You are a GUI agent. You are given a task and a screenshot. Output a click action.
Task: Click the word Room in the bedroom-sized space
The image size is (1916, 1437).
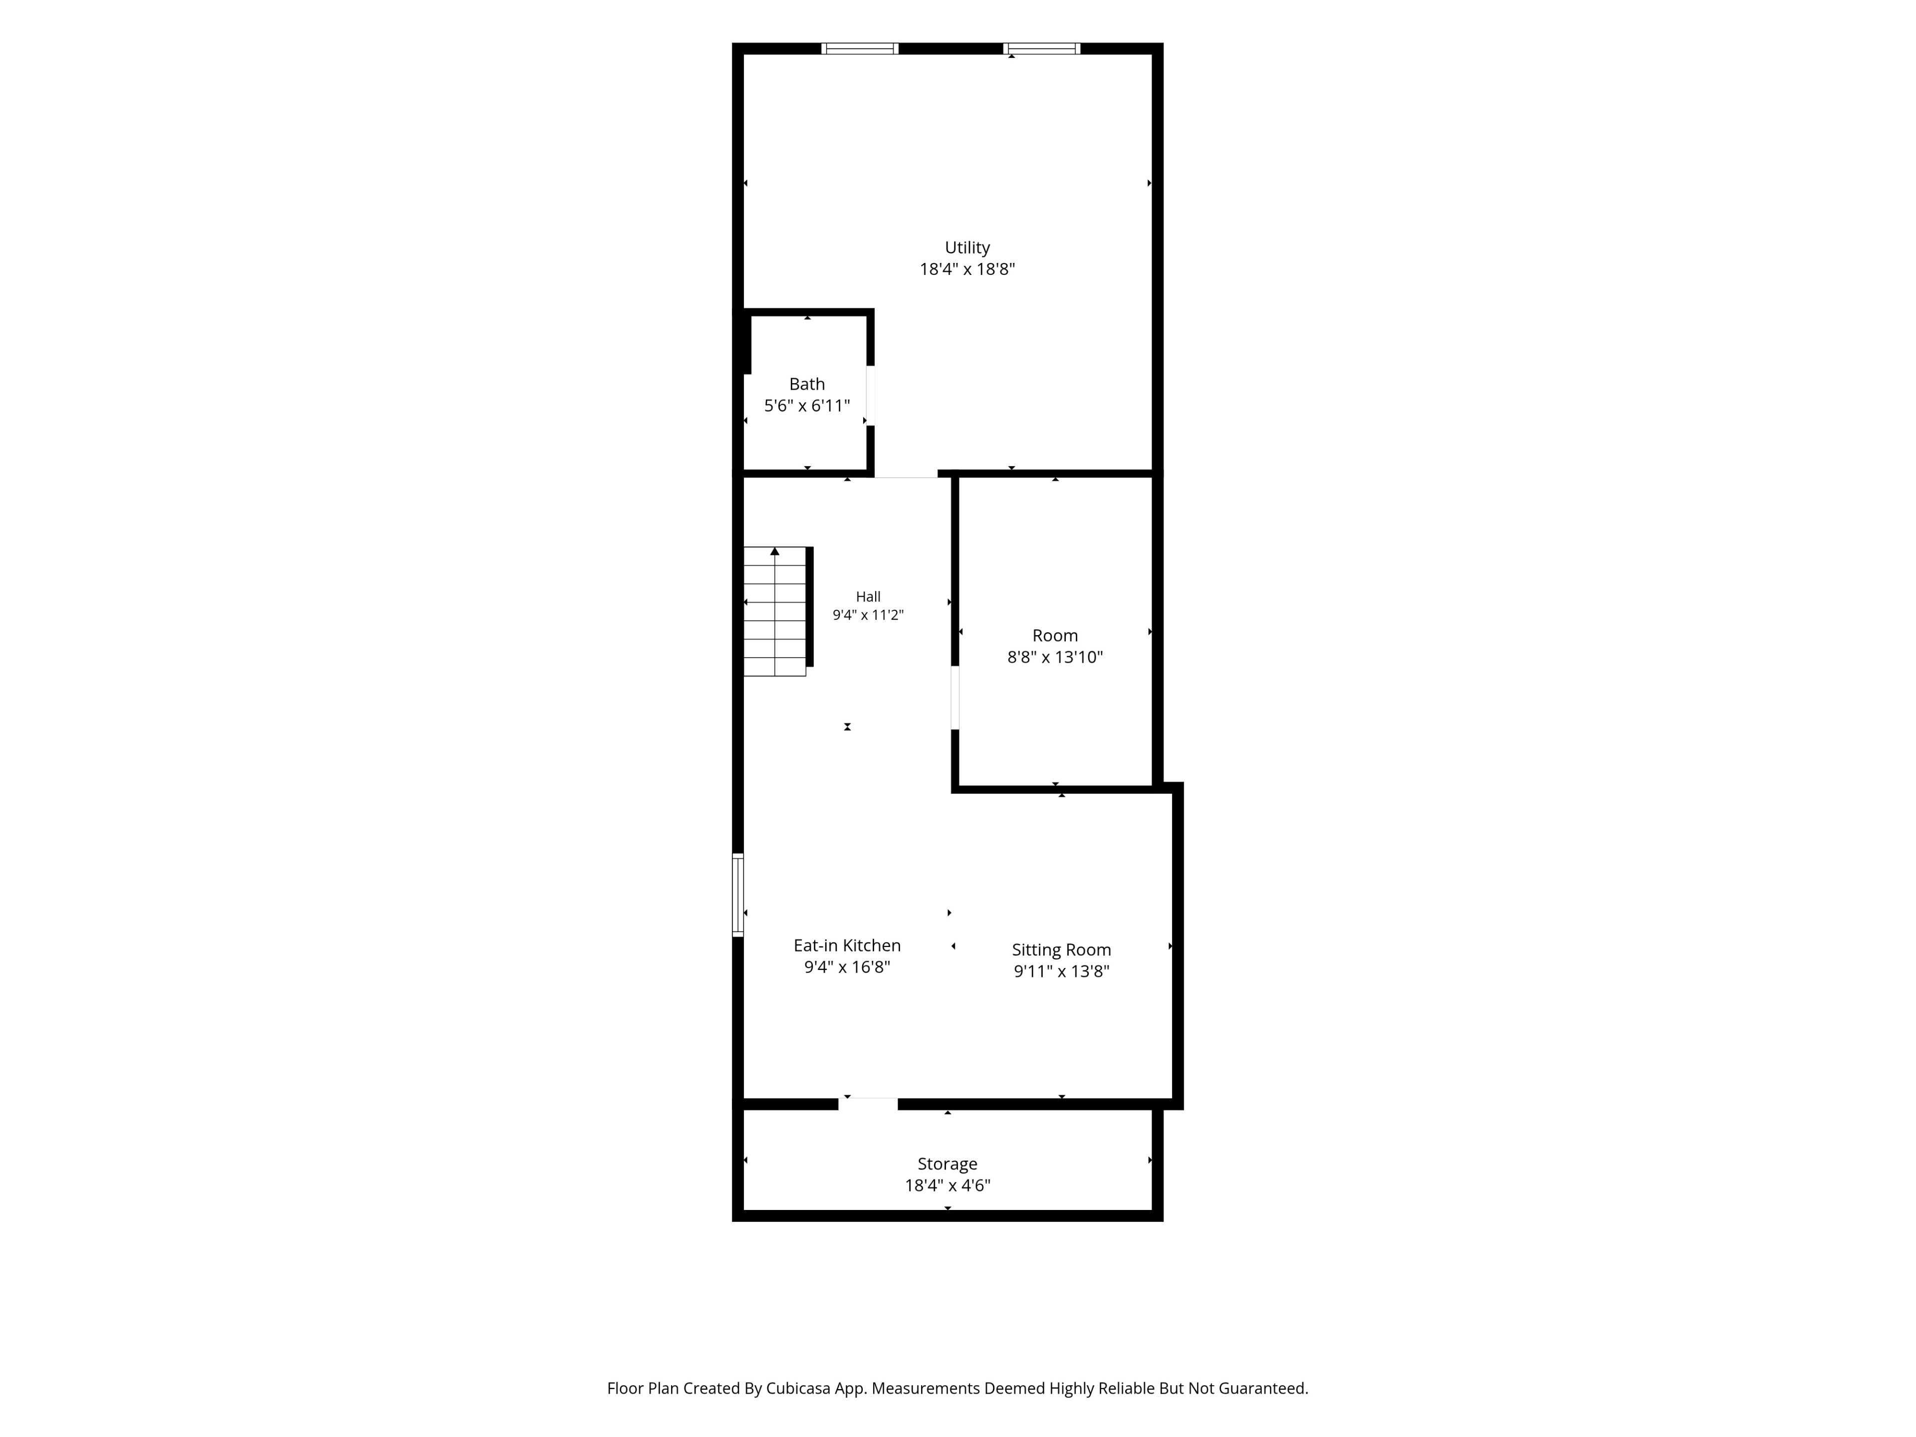(x=1055, y=636)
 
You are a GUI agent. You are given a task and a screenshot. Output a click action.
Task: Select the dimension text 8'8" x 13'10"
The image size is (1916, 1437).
(x=1055, y=658)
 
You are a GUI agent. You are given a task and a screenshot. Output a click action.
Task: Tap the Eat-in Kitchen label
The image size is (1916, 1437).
(x=847, y=946)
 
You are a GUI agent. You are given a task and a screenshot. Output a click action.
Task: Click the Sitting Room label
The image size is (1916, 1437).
(x=1061, y=950)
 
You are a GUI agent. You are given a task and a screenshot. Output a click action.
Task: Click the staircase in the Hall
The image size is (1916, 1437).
(x=775, y=612)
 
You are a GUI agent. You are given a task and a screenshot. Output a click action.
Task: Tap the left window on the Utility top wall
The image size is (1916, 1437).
(x=859, y=48)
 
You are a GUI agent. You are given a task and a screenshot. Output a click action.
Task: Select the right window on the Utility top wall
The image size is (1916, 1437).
(x=1042, y=48)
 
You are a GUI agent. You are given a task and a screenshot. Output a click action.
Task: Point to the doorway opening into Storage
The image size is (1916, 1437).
(x=868, y=1104)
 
